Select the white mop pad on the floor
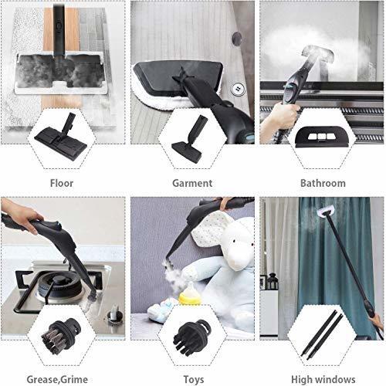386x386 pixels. (x=62, y=69)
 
